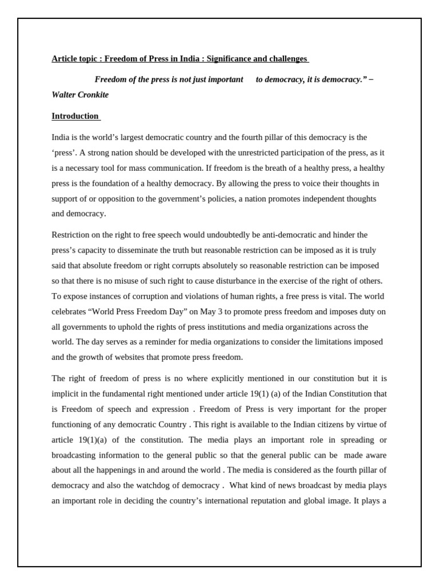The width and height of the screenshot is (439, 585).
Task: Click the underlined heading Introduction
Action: tap(75, 116)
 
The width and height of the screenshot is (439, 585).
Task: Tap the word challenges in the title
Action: tap(288, 59)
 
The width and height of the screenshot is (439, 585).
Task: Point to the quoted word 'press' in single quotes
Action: tap(63, 153)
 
